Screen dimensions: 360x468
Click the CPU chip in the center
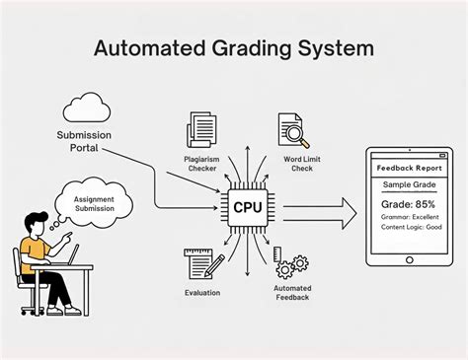click(x=247, y=207)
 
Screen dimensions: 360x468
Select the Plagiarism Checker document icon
click(x=202, y=131)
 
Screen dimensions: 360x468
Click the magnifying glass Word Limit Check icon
click(x=291, y=131)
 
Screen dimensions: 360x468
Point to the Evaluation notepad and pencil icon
click(x=202, y=263)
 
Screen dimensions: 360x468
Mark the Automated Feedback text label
click(x=291, y=294)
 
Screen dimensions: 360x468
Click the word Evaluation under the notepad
click(x=201, y=292)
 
